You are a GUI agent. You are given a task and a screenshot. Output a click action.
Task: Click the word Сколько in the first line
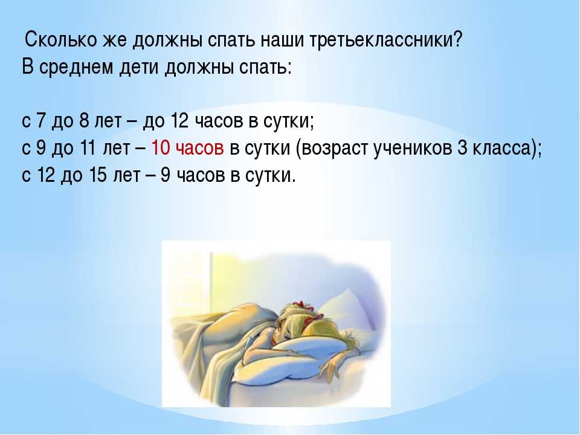click(x=60, y=40)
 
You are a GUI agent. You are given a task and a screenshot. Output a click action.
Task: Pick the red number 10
click(x=161, y=148)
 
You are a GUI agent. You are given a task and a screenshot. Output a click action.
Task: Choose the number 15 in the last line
click(x=98, y=175)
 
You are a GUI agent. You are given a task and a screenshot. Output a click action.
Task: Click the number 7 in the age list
click(x=40, y=121)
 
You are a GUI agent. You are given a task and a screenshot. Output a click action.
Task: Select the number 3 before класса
click(x=463, y=148)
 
